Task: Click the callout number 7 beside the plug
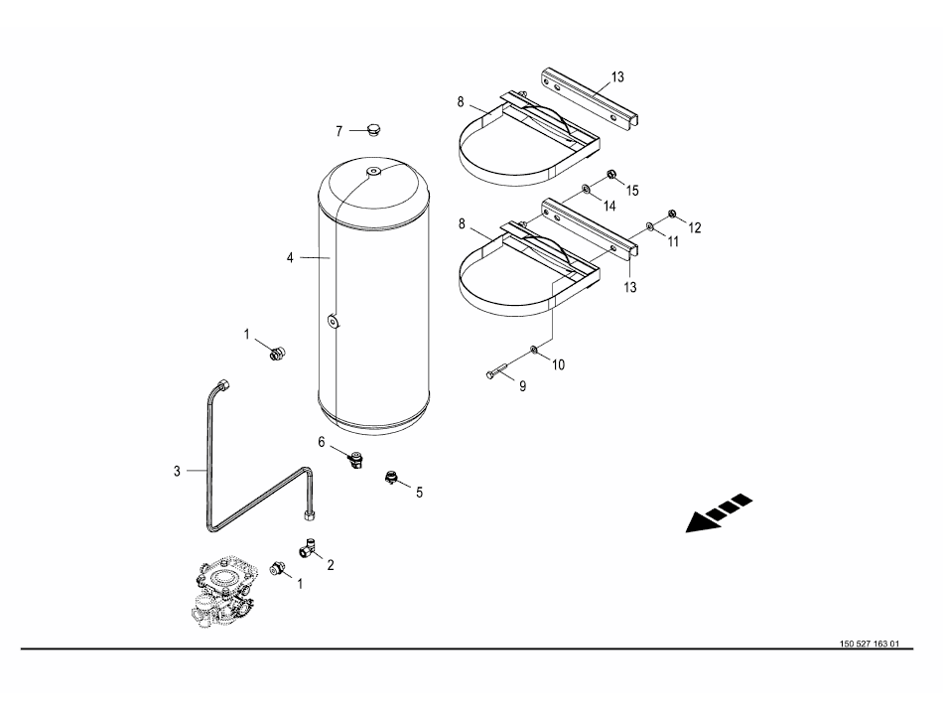pyautogui.click(x=339, y=131)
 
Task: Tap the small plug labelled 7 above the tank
pyautogui.click(x=374, y=130)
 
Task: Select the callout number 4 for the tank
pyautogui.click(x=290, y=258)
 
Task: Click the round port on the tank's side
pyautogui.click(x=333, y=322)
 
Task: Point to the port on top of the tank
pyautogui.click(x=373, y=172)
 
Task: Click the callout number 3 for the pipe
pyautogui.click(x=177, y=471)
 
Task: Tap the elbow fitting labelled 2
pyautogui.click(x=309, y=547)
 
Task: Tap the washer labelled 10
pyautogui.click(x=535, y=350)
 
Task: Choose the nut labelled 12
pyautogui.click(x=673, y=214)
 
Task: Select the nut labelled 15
pyautogui.click(x=611, y=175)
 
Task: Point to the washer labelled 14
pyautogui.click(x=585, y=191)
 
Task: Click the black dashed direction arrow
pyautogui.click(x=719, y=513)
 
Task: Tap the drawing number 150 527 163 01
pyautogui.click(x=869, y=644)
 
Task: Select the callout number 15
pyautogui.click(x=631, y=191)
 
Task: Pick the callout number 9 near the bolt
pyautogui.click(x=522, y=386)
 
